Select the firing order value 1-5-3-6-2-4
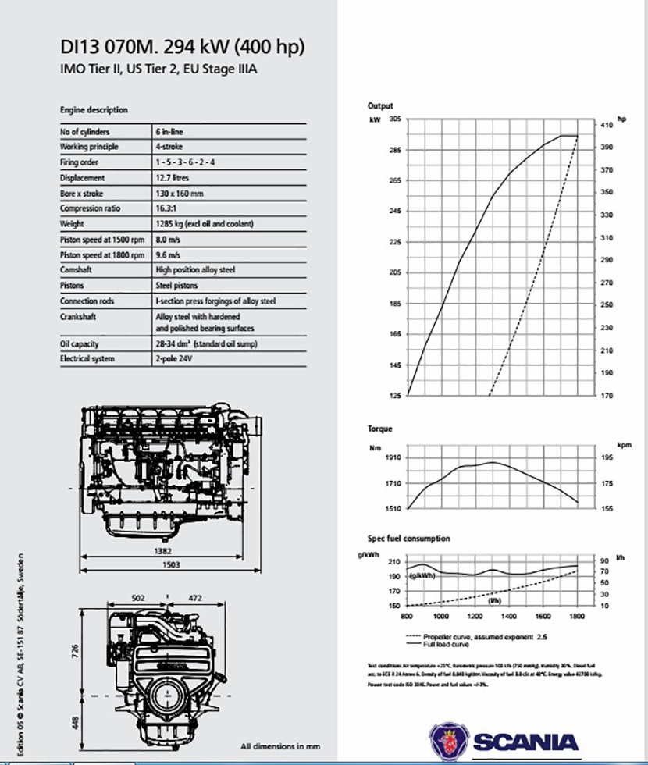point(185,162)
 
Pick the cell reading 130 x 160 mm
point(180,193)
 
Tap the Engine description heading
point(94,110)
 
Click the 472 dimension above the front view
point(196,598)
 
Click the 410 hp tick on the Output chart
point(607,125)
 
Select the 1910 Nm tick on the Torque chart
point(392,458)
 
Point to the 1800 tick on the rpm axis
point(577,616)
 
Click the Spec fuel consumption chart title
point(409,538)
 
